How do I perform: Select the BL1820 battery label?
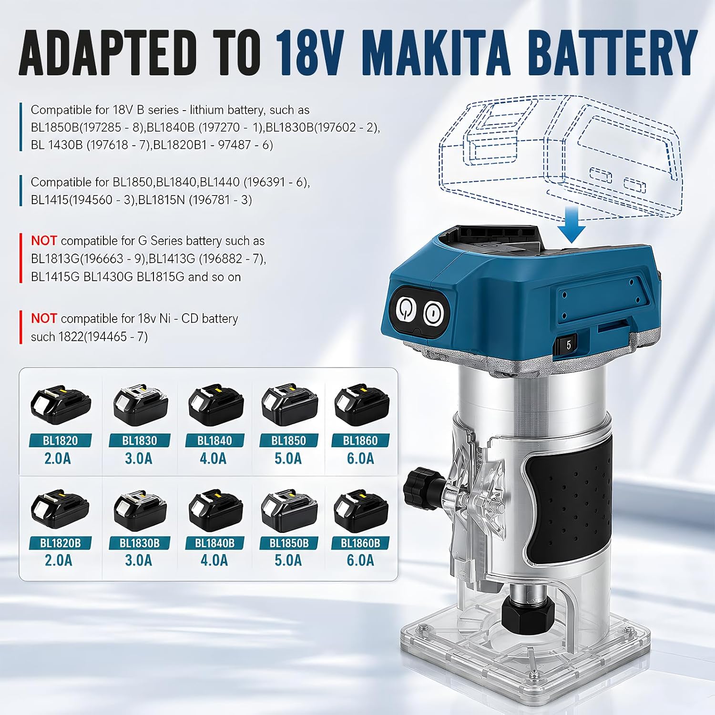pyautogui.click(x=60, y=440)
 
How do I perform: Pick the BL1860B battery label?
pyautogui.click(x=360, y=543)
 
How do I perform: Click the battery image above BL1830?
pyautogui.click(x=140, y=406)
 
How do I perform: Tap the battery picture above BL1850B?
pyautogui.click(x=289, y=510)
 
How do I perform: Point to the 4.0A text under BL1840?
pyautogui.click(x=214, y=459)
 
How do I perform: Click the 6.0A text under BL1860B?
pyautogui.click(x=360, y=561)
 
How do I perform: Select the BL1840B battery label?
pyautogui.click(x=214, y=543)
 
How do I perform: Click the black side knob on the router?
pyautogui.click(x=418, y=488)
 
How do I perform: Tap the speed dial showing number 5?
pyautogui.click(x=568, y=344)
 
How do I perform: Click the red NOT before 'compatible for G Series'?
pyautogui.click(x=44, y=241)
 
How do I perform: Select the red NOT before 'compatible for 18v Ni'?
pyautogui.click(x=44, y=318)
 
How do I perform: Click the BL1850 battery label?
pyautogui.click(x=289, y=440)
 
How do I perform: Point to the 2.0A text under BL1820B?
pyautogui.click(x=58, y=561)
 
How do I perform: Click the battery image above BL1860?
pyautogui.click(x=362, y=406)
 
